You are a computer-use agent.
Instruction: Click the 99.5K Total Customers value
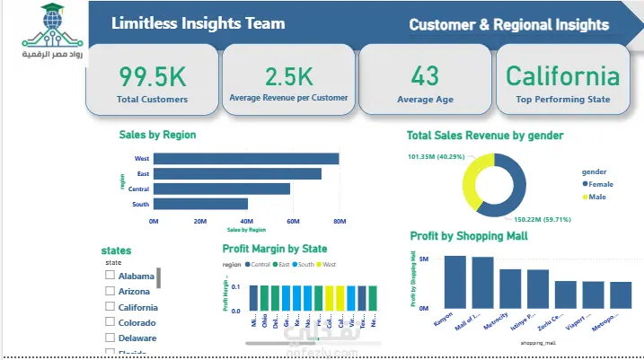tap(151, 75)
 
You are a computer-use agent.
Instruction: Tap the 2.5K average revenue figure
tap(288, 75)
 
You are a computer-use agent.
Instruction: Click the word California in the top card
tap(562, 75)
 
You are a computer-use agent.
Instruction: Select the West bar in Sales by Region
tap(245, 159)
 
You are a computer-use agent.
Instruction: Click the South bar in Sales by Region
tap(200, 204)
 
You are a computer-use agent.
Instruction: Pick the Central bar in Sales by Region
tap(221, 189)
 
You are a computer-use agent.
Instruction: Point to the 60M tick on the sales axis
tap(293, 221)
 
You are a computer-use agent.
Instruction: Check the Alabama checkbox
tap(110, 276)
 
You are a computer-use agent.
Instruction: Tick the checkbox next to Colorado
tap(110, 322)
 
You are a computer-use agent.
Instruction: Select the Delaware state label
tap(137, 338)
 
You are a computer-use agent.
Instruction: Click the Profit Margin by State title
tap(274, 249)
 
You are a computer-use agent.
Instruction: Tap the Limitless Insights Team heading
tap(198, 24)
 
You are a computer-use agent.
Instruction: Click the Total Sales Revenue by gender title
tap(485, 136)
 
